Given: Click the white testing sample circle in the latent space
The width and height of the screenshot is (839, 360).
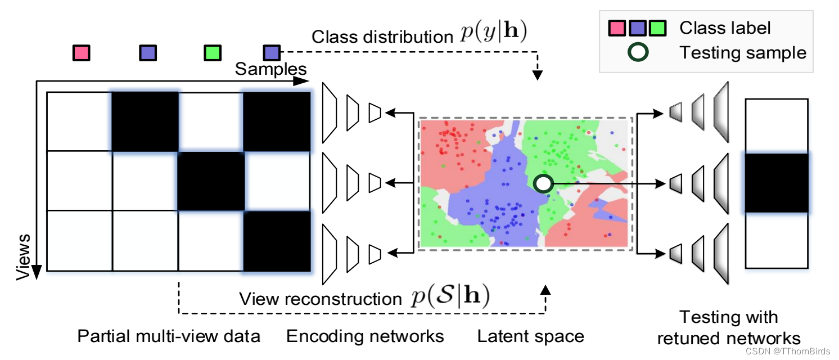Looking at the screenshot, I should point(543,183).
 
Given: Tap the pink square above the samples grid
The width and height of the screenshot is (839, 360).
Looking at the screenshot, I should point(82,53).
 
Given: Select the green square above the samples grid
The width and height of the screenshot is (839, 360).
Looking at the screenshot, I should point(212,53).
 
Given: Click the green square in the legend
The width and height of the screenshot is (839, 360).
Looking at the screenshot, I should point(657,28).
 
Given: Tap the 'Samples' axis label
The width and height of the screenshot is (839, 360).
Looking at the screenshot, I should point(271,69).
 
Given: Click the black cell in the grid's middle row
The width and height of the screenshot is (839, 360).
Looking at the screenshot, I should point(211,181).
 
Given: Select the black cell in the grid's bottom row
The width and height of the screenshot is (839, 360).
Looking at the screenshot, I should point(277,240).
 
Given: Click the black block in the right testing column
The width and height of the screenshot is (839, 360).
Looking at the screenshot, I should point(776,183).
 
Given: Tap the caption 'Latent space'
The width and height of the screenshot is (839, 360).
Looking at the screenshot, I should point(530,336).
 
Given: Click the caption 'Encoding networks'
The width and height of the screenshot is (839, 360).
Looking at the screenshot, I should point(365,336).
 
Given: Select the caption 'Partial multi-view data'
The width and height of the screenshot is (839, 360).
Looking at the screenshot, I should point(169,336).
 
